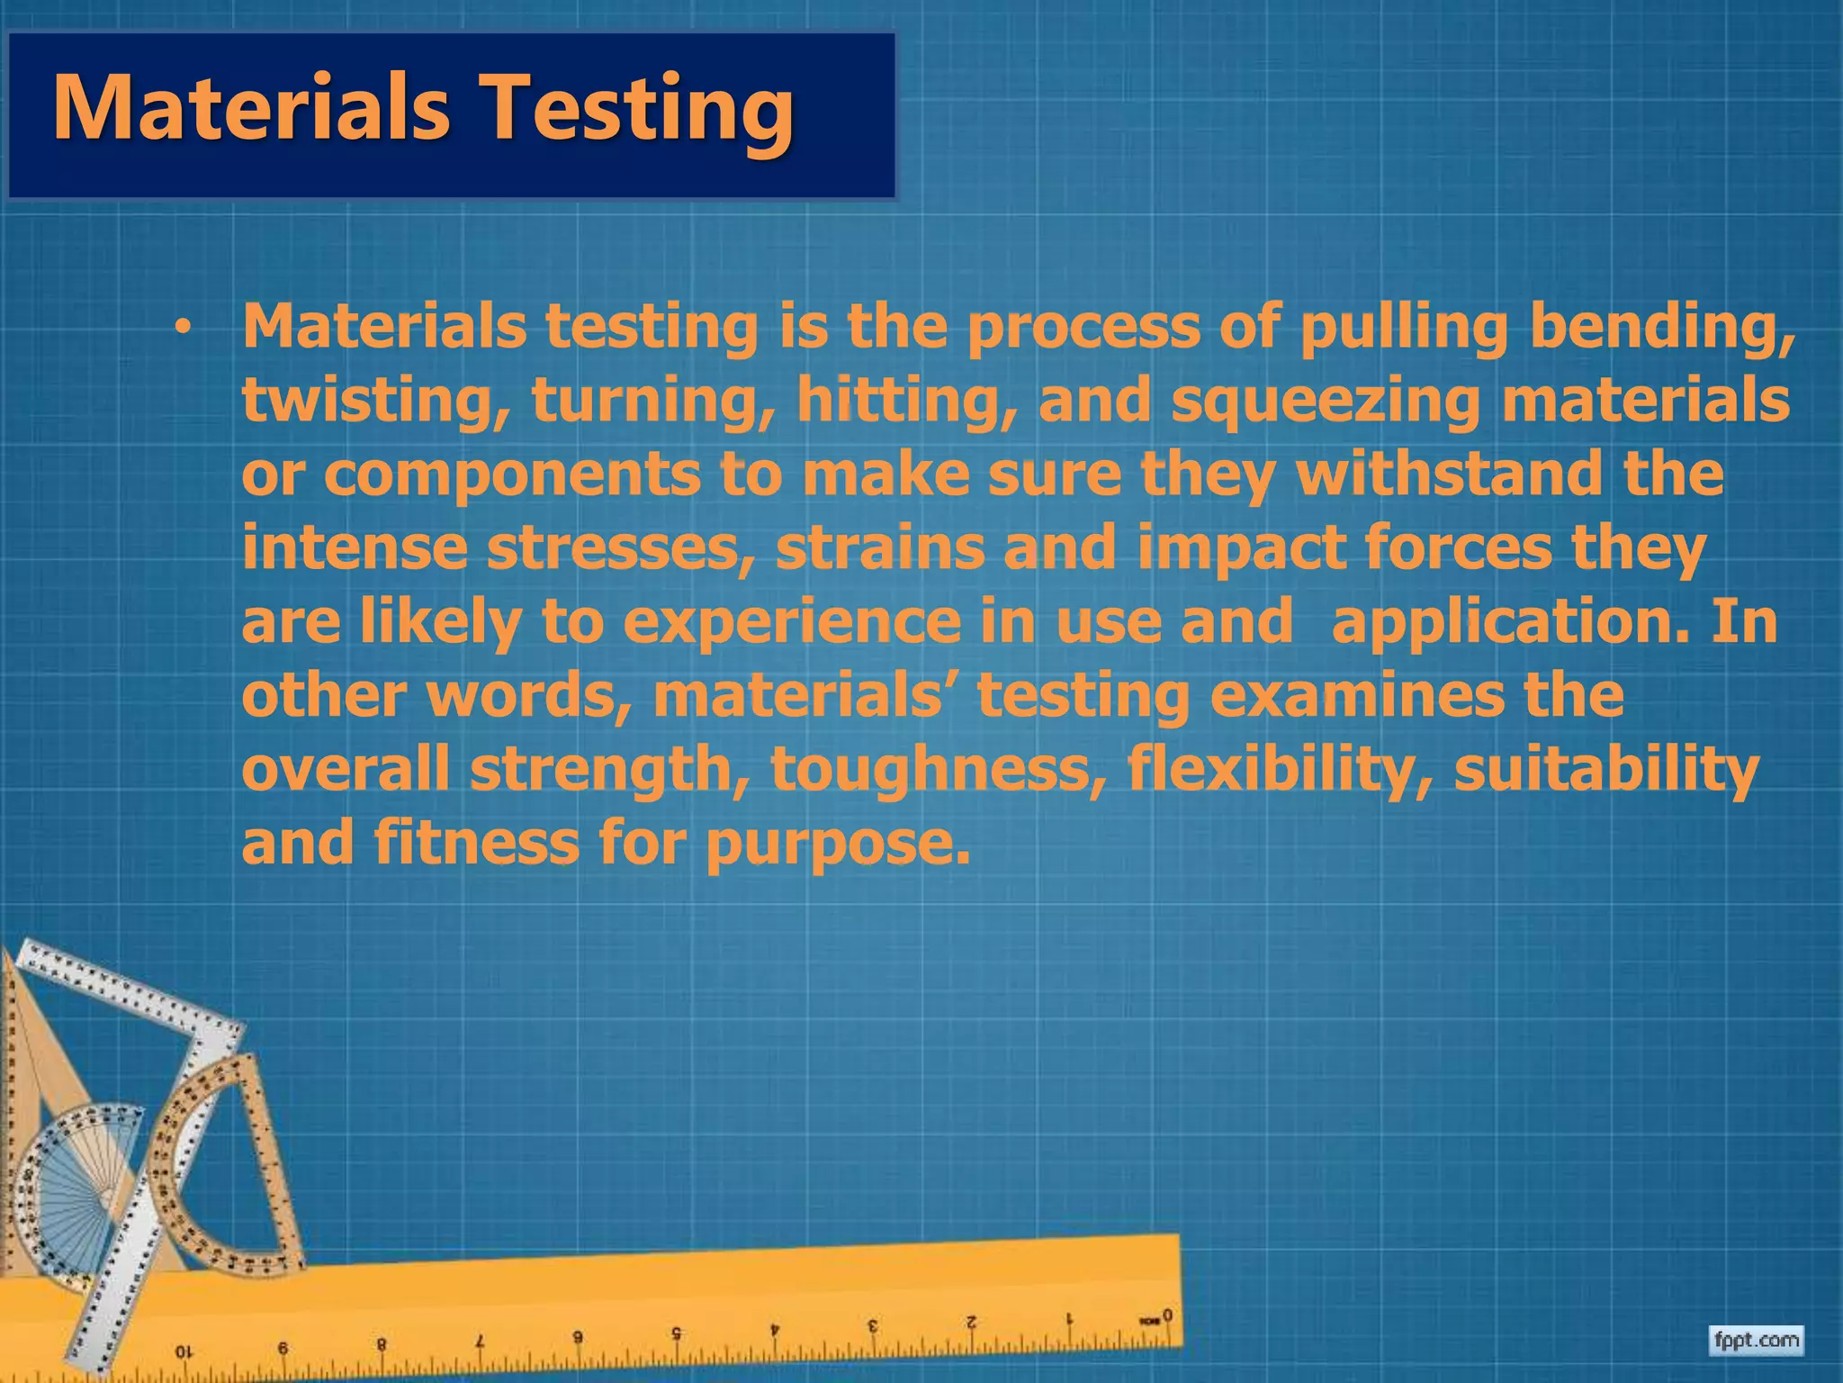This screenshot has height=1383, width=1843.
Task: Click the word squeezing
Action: coord(1325,402)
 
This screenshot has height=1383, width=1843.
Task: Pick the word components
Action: coord(511,475)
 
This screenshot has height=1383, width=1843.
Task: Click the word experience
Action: coord(791,623)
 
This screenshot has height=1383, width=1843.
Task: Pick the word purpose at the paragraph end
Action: coord(837,845)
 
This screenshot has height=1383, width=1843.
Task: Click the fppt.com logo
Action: coord(1756,1341)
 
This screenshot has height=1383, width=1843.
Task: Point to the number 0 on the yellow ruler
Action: coord(1167,1316)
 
